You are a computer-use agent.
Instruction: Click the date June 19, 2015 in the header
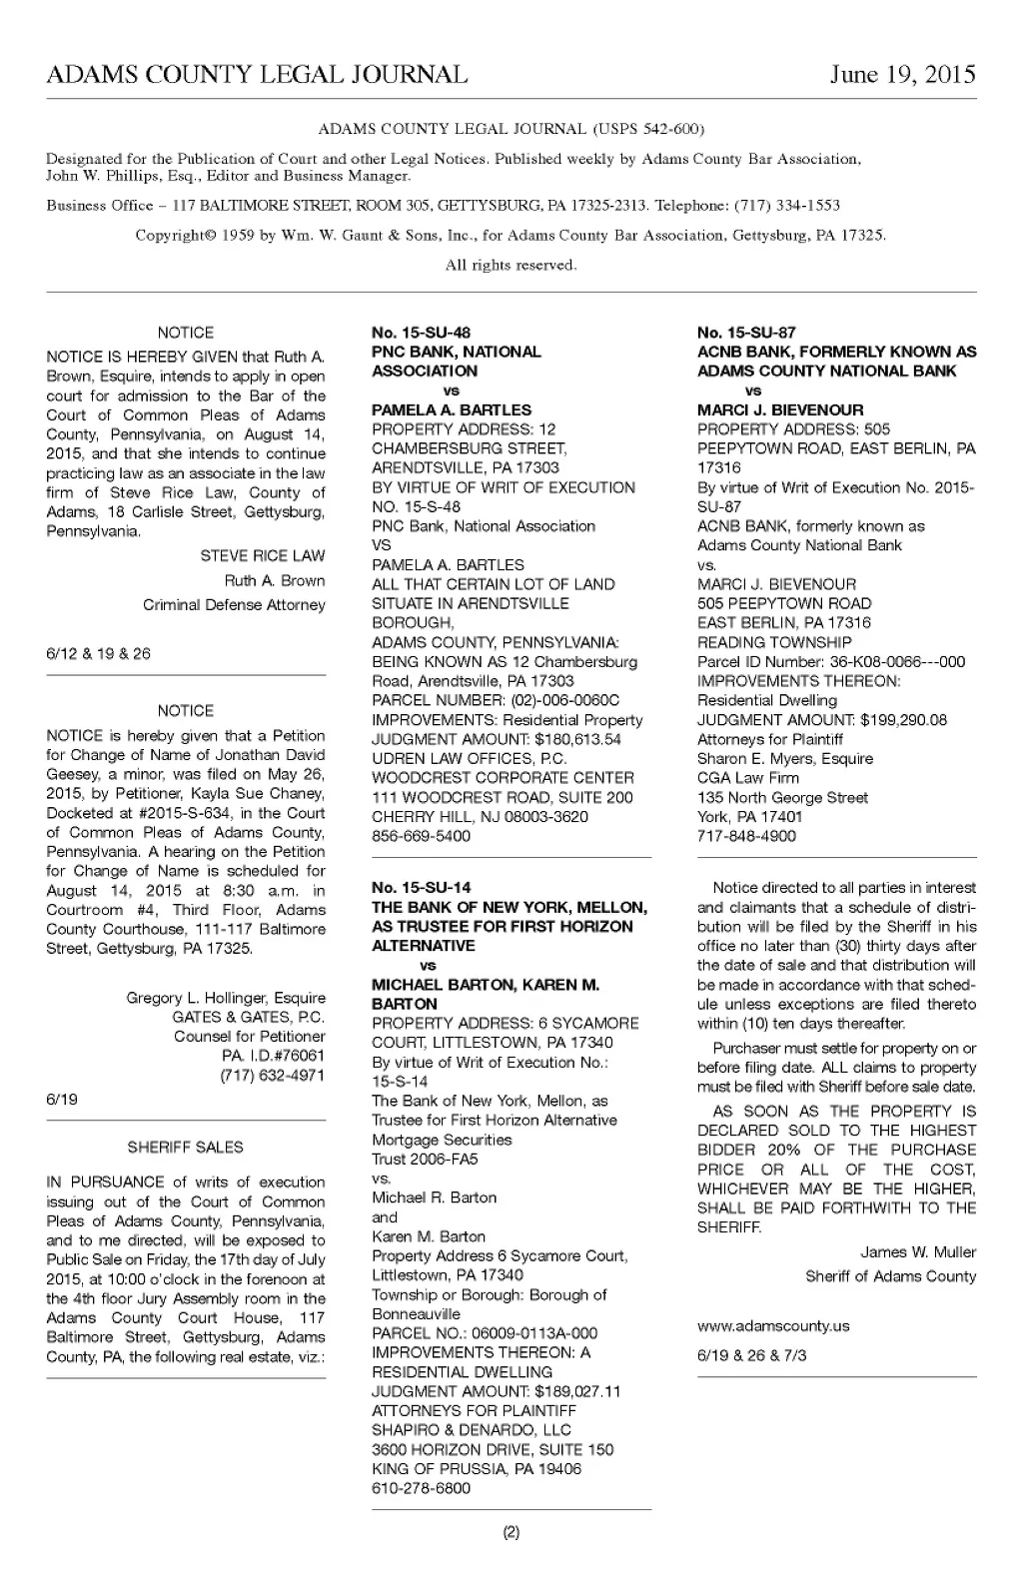pos(902,75)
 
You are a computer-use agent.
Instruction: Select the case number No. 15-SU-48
pos(421,333)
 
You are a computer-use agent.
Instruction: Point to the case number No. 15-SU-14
pos(421,887)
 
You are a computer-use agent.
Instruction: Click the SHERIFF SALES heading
pos(186,1148)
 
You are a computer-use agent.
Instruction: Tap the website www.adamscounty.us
pos(773,1326)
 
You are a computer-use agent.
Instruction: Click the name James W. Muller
pos(918,1252)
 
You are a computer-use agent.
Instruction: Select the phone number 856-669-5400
pos(421,836)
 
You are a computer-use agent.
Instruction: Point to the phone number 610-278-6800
pos(421,1488)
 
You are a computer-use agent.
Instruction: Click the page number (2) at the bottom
pos(511,1532)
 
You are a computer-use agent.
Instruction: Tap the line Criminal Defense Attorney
pos(234,605)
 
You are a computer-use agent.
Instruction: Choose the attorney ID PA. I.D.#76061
pos(273,1056)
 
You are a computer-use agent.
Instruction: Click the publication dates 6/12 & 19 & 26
pos(98,654)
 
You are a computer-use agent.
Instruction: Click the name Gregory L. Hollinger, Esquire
pos(226,998)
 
